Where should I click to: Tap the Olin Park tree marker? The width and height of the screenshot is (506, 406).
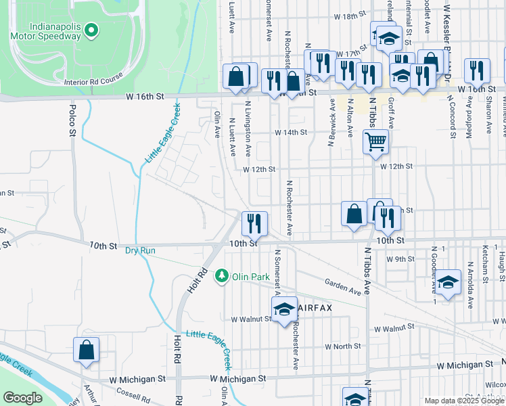pos(221,276)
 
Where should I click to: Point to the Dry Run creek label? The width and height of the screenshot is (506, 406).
pos(140,250)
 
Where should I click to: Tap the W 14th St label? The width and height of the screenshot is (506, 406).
pos(291,133)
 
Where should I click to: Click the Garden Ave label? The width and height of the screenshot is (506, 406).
pos(342,286)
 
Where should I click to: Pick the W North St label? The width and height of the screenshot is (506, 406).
pos(343,346)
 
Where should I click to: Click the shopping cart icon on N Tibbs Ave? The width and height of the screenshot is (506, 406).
pos(375,142)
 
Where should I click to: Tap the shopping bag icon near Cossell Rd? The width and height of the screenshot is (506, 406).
pos(87,350)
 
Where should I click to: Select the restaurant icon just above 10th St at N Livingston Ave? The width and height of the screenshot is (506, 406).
pos(254,222)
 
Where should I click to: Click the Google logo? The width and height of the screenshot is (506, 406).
pos(22,398)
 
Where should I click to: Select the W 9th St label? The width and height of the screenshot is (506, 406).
pos(400,258)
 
